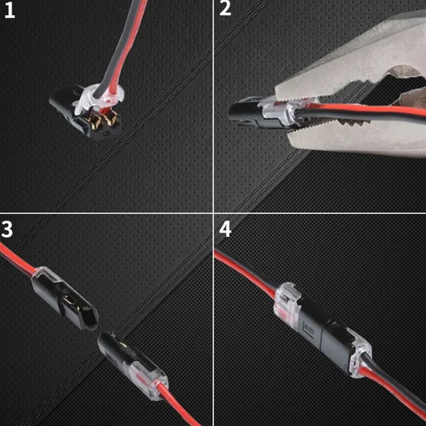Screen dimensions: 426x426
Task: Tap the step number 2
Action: [225, 10]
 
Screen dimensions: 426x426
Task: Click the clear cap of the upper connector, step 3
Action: [44, 275]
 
